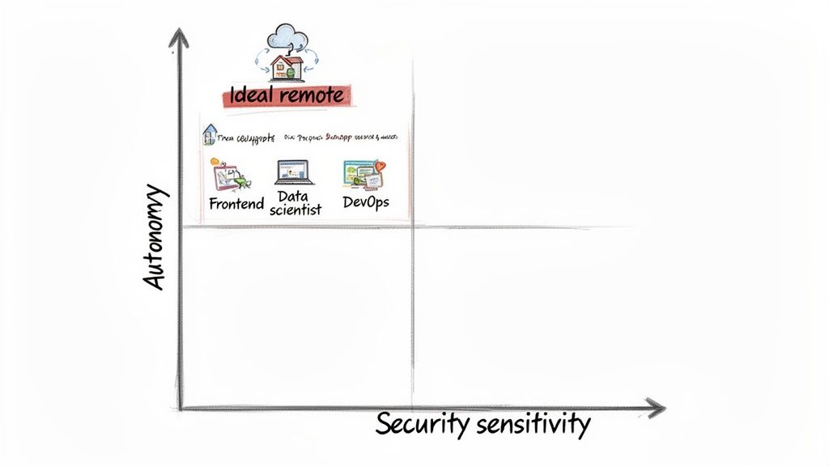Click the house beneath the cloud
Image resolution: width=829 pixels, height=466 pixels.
coord(287,68)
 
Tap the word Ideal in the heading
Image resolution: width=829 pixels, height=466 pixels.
coord(253,95)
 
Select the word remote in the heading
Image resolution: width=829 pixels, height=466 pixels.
coord(311,95)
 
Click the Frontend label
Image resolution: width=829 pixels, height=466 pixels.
coord(236,204)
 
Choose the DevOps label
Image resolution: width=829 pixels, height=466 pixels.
coord(365,202)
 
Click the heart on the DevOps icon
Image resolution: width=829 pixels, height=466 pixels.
coord(380,166)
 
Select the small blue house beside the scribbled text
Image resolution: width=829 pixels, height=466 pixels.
coord(210,134)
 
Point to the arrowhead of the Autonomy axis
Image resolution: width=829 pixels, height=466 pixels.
coord(179,36)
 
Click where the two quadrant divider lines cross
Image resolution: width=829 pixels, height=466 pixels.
coord(413,227)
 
